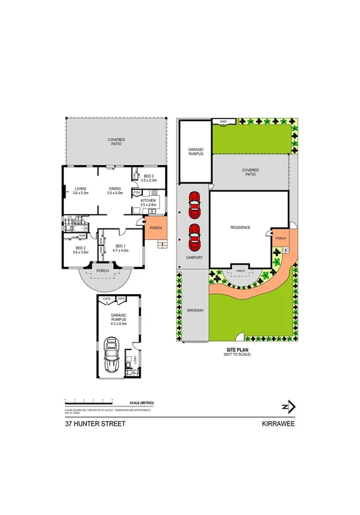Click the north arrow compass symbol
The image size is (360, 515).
click(289, 406)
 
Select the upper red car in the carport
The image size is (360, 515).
click(194, 205)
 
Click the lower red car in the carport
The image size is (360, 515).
click(194, 237)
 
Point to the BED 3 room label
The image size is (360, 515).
click(148, 177)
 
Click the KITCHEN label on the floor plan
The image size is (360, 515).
click(148, 200)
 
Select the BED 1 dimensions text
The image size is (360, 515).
click(120, 251)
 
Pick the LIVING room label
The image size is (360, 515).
click(80, 189)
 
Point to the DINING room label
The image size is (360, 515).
click(115, 189)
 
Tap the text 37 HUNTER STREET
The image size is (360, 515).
click(95, 424)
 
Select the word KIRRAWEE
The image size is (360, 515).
click(278, 424)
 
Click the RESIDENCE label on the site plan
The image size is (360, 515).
click(240, 228)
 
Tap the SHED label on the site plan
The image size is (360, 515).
click(223, 122)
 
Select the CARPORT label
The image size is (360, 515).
click(194, 258)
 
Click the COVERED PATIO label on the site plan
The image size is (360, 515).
click(250, 172)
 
